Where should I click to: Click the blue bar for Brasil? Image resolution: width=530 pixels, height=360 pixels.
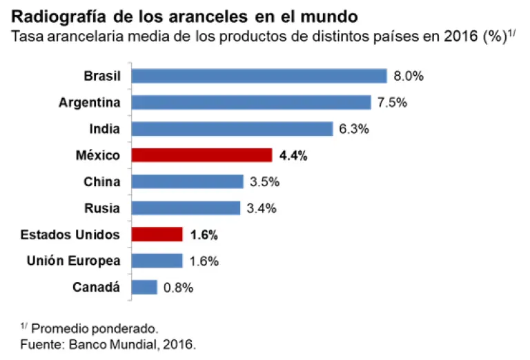pos(259,76)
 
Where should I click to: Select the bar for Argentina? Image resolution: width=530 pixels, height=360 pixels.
pos(251,103)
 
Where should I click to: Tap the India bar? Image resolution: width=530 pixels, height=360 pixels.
pos(233,129)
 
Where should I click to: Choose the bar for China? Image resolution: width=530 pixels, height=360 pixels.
pos(187,182)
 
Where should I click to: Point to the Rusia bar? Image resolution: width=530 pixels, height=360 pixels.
pos(186,208)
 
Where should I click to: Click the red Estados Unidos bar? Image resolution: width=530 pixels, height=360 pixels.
pos(157,234)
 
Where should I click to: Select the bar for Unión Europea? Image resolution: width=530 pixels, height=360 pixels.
pos(157,261)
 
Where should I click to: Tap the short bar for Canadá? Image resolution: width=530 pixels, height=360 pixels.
pos(144,287)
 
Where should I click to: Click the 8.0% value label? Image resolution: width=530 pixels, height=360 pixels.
pos(408,77)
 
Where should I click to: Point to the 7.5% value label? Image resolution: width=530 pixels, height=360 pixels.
pos(392,103)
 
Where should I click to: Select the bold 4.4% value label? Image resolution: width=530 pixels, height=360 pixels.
pos(293,156)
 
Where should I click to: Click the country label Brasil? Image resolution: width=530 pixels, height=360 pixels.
pos(101,76)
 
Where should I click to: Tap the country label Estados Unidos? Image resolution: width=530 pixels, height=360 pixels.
pos(70,234)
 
